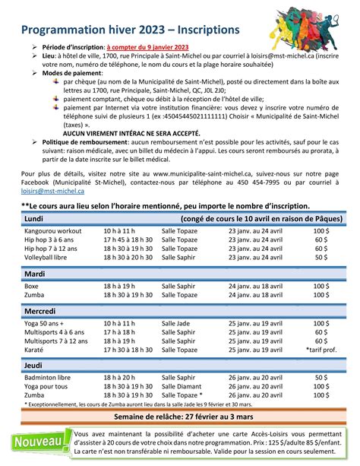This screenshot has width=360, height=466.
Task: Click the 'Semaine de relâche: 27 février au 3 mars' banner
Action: [x=180, y=417]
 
